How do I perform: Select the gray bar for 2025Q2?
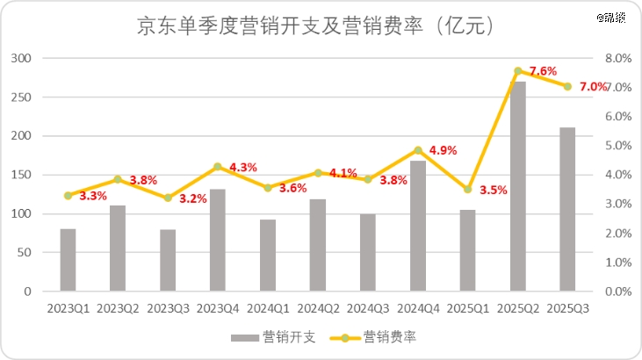[518, 186]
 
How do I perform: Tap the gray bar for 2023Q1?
[68, 260]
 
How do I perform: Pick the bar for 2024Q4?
[418, 226]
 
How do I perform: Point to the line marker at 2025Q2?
[518, 70]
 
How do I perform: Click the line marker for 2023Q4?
[218, 166]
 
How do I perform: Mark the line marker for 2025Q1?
[468, 190]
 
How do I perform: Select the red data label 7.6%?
[544, 70]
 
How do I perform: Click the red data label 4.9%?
[444, 150]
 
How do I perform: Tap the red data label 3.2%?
[192, 198]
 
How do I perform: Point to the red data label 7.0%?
[594, 86]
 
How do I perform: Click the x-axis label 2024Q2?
[318, 308]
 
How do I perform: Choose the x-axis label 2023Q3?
[168, 308]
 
